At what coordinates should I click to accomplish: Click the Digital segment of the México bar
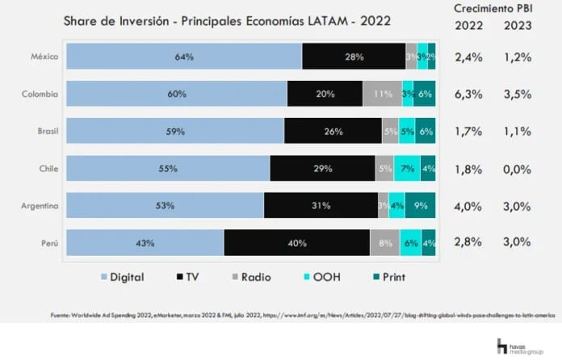tap(184, 57)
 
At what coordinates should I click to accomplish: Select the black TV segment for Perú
tap(296, 243)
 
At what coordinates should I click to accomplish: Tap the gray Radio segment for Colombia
tap(382, 94)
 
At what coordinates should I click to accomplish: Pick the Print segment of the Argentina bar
tap(421, 206)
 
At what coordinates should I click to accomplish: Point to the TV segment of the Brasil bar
tap(333, 131)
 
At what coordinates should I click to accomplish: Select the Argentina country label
tap(39, 206)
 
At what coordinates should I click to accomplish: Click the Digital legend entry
tap(122, 277)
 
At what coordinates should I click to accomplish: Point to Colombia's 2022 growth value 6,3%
tap(469, 94)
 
